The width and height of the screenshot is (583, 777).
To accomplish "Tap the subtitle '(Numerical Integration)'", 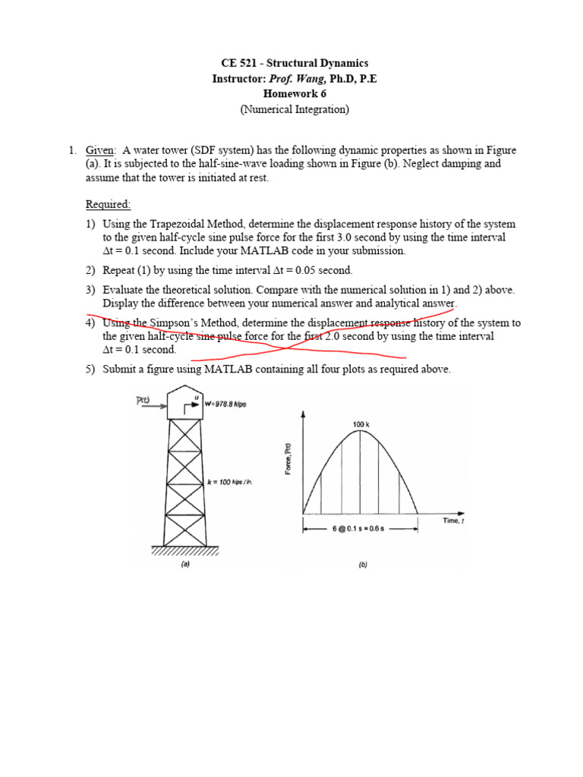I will [295, 109].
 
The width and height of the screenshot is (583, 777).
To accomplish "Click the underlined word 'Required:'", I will [108, 204].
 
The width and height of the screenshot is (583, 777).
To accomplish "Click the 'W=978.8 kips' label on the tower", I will [226, 404].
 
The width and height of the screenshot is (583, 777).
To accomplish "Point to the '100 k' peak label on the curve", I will [361, 424].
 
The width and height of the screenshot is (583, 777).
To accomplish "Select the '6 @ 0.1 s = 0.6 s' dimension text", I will [361, 530].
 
